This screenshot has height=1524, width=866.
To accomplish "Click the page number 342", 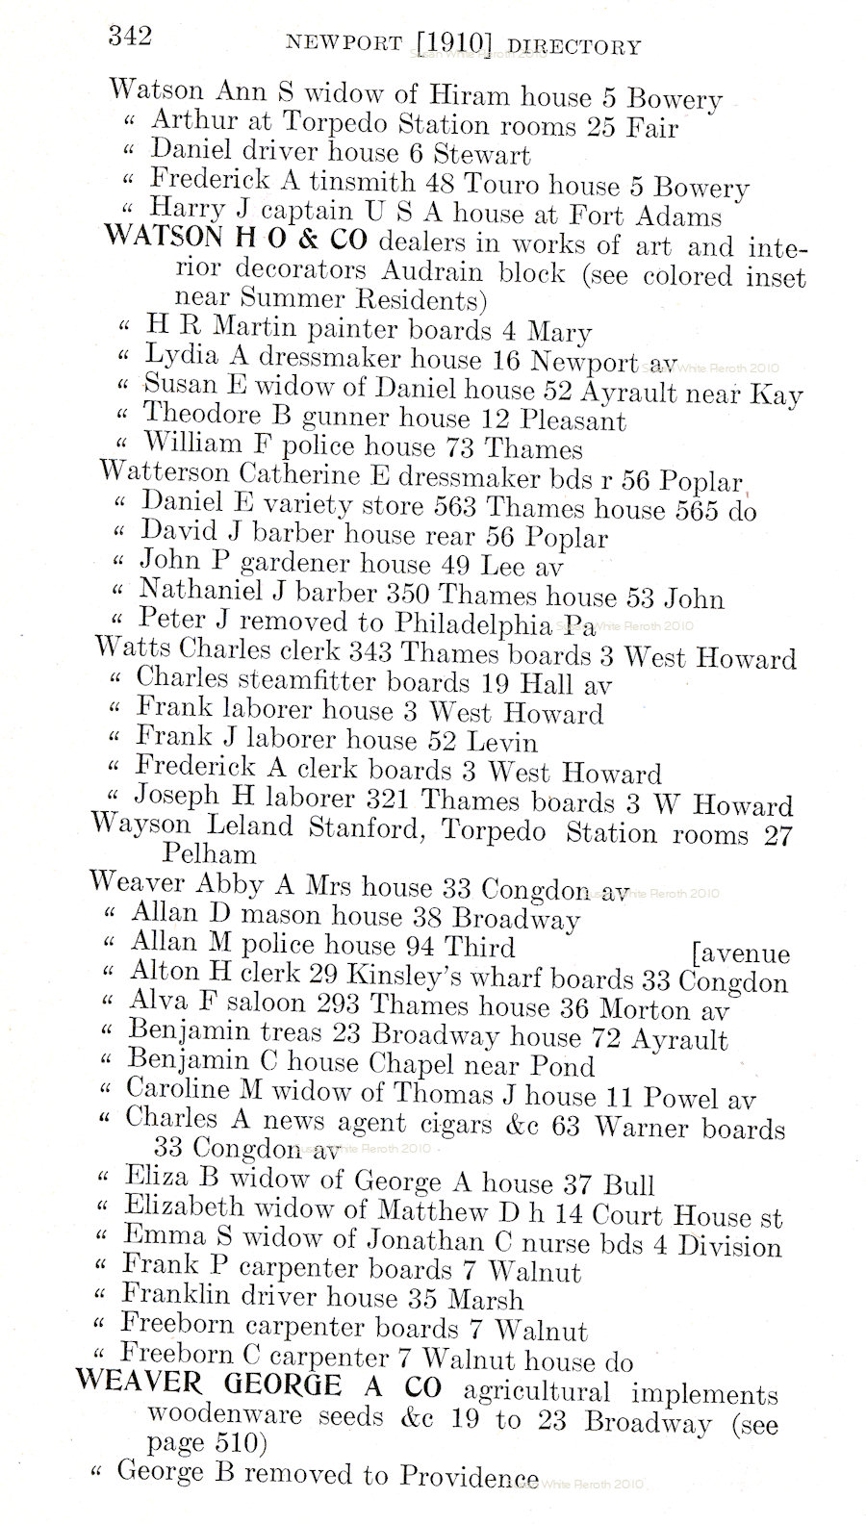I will click(130, 37).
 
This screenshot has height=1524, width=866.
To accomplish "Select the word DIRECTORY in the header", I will click(573, 46).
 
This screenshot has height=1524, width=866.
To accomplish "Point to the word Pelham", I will click(209, 853).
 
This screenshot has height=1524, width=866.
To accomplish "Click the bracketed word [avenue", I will click(740, 953).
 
